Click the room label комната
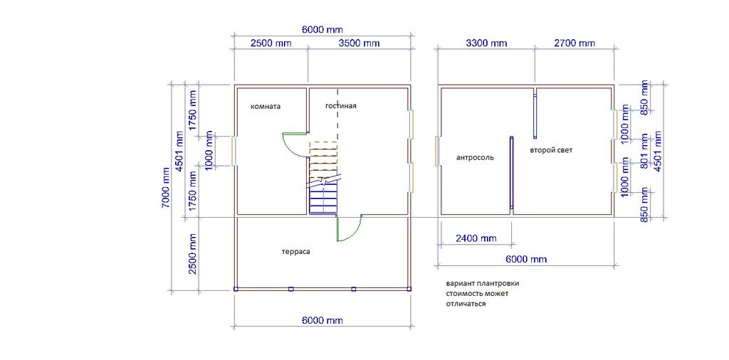coord(266,106)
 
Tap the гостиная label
coord(341,105)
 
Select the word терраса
coord(295,252)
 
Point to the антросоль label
coord(475,157)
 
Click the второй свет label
coord(551,151)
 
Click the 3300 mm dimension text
coord(486,43)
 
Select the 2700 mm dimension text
coord(575,43)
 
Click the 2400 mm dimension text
coord(476,238)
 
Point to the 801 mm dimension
coord(645,151)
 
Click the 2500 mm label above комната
coord(271,43)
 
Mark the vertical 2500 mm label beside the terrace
coord(194,254)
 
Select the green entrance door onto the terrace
coord(349,229)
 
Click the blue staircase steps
coord(323,198)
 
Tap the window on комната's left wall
coord(234,151)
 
